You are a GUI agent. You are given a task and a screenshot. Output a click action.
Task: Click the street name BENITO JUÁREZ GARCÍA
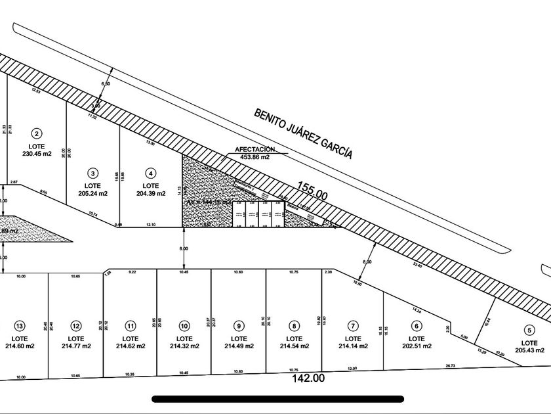303,134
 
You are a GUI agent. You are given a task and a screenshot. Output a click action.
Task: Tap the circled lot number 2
38,133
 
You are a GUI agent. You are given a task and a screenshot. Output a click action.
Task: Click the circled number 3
93,173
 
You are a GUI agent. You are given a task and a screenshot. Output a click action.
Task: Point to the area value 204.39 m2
152,194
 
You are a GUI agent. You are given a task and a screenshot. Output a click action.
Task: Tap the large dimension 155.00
312,192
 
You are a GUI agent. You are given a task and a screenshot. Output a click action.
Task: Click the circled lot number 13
19,326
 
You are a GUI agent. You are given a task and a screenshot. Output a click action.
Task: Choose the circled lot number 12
76,326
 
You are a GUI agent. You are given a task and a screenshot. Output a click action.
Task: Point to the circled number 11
131,326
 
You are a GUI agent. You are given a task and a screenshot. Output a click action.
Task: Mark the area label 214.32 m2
184,346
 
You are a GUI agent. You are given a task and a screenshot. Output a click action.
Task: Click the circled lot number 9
239,326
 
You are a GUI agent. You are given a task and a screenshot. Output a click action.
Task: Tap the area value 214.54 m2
294,346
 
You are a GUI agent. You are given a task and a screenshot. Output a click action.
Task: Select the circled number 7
353,326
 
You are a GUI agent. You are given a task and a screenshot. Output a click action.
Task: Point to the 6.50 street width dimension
106,84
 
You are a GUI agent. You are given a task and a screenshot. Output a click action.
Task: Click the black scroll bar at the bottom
277,398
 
